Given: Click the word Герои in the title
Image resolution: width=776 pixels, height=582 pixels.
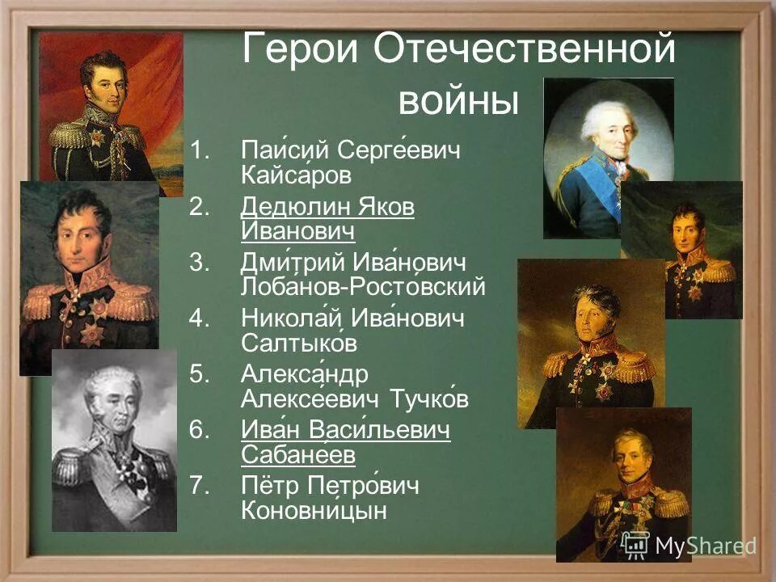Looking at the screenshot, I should pos(299,51).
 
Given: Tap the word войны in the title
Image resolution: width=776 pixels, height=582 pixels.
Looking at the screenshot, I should pos(457,103).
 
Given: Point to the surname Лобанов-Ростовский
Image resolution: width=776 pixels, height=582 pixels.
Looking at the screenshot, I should pos(363,286).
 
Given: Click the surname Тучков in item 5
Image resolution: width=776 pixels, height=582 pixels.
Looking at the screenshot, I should pos(429,399).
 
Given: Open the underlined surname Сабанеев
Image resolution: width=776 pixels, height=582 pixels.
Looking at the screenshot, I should pos(297,455).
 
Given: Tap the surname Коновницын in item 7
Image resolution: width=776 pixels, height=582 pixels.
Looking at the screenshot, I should pos(314,511).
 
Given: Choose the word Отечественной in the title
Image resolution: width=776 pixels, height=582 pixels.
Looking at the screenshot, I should pos(525,51).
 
